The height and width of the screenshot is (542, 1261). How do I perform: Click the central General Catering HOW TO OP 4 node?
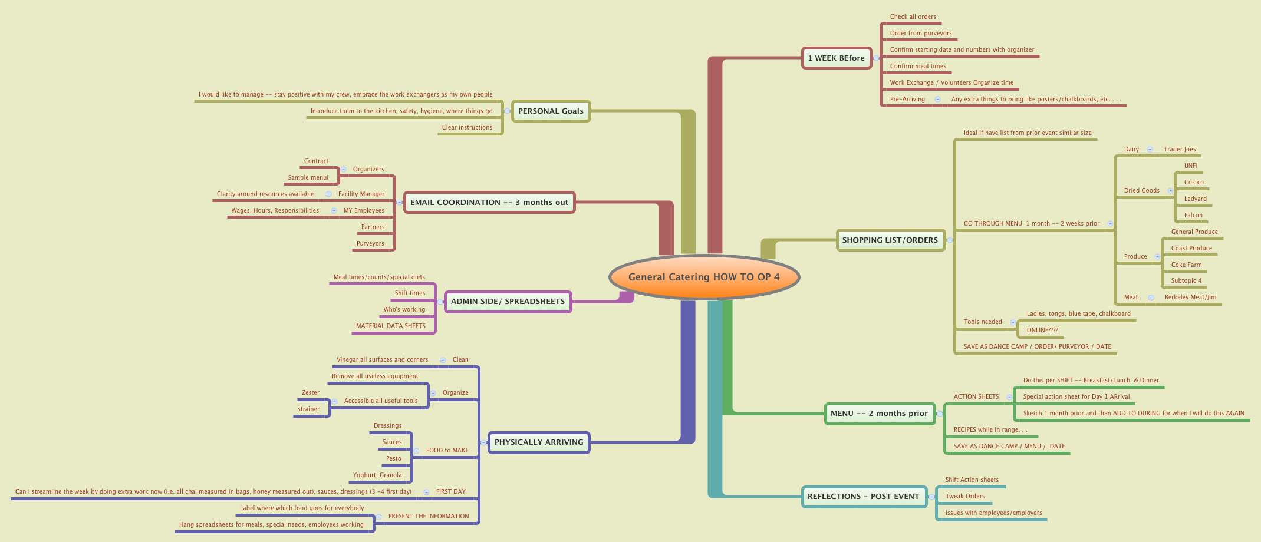pyautogui.click(x=704, y=277)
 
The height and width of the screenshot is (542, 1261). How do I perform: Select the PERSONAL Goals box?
pyautogui.click(x=551, y=111)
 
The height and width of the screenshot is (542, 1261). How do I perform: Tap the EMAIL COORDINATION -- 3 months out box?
pyautogui.click(x=489, y=202)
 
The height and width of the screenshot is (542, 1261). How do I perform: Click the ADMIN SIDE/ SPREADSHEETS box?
pyautogui.click(x=508, y=301)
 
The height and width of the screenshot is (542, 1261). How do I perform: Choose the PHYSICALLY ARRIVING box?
pyautogui.click(x=539, y=442)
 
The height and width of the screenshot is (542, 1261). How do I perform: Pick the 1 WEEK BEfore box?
pyautogui.click(x=836, y=58)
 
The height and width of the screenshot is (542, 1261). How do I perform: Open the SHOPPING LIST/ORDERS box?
pyautogui.click(x=890, y=240)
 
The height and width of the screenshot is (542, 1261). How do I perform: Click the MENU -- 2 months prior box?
pyautogui.click(x=879, y=413)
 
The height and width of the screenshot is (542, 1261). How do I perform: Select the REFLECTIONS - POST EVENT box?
pyautogui.click(x=863, y=496)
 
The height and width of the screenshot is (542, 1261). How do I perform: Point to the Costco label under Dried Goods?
pyautogui.click(x=1194, y=182)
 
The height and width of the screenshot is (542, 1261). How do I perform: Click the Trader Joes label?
pyautogui.click(x=1180, y=149)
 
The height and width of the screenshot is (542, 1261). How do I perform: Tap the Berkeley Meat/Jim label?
pyautogui.click(x=1190, y=297)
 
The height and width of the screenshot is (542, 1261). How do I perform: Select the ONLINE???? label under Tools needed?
pyautogui.click(x=1042, y=330)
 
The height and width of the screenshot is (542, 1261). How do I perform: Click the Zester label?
pyautogui.click(x=311, y=392)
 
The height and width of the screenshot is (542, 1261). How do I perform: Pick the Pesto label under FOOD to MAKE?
pyautogui.click(x=393, y=458)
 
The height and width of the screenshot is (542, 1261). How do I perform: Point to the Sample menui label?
pyautogui.click(x=308, y=177)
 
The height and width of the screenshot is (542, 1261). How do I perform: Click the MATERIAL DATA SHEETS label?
pyautogui.click(x=390, y=326)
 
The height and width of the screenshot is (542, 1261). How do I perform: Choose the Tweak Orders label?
pyautogui.click(x=965, y=496)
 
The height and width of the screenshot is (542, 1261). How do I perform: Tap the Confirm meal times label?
pyautogui.click(x=918, y=66)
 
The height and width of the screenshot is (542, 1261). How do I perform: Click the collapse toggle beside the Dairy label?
pyautogui.click(x=1150, y=149)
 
